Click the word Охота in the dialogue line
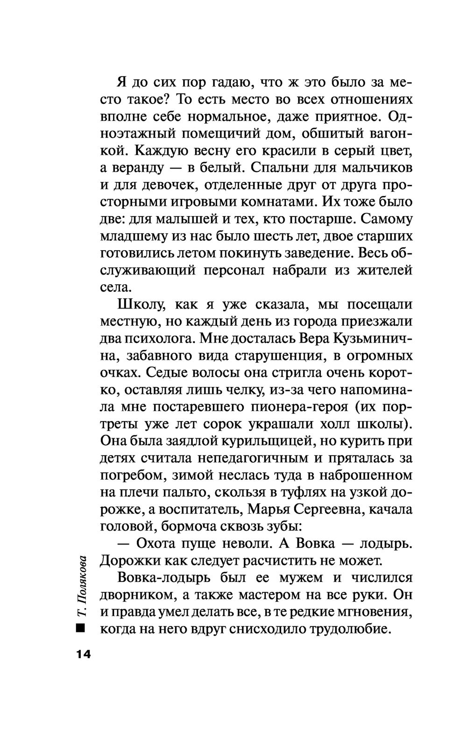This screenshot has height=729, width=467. coord(161,544)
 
